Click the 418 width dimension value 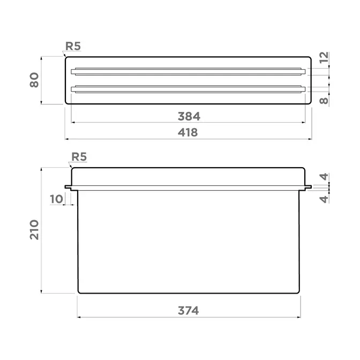(x=187, y=132)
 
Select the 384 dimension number (x=189, y=116)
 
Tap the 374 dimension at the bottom (x=188, y=311)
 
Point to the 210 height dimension (x=34, y=230)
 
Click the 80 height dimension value (x=34, y=80)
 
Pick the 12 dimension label (x=324, y=57)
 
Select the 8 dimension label (x=324, y=101)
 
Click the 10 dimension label (x=56, y=199)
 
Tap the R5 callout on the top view (x=73, y=46)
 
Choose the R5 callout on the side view (x=79, y=157)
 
